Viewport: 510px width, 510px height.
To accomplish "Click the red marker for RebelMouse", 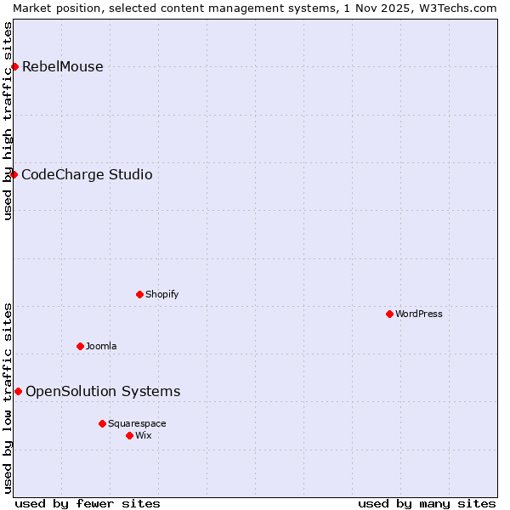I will coord(14,66).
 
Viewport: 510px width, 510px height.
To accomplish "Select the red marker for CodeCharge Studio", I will coord(14,174).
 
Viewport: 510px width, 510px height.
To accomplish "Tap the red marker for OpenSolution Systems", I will coord(18,391).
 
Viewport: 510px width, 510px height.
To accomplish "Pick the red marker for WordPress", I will coord(389,314).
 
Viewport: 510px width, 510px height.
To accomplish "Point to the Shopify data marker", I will coord(139,294).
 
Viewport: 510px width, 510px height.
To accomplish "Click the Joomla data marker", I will coord(80,346).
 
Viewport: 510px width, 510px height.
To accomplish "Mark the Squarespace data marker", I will coord(102,423).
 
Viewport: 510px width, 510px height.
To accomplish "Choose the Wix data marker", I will coord(129,435).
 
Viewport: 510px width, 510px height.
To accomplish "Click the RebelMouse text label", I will coord(63,67).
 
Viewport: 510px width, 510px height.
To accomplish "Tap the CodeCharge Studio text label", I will coord(87,175).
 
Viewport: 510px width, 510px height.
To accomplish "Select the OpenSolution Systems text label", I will coord(103,392).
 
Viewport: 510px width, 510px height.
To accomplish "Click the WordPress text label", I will coord(419,314).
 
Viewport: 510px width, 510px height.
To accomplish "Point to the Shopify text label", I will coord(162,295).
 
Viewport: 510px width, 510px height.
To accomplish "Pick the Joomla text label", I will coord(101,347).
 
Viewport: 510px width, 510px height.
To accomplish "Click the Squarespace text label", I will coord(137,424).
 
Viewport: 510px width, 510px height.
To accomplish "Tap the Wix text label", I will coord(144,436).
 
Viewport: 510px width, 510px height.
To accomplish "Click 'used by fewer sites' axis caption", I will coord(88,503).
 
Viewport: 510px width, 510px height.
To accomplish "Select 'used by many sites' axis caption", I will coord(427,503).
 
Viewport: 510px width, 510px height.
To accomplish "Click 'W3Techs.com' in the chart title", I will coord(462,8).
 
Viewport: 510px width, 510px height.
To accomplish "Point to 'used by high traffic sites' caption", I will coord(8,121).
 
